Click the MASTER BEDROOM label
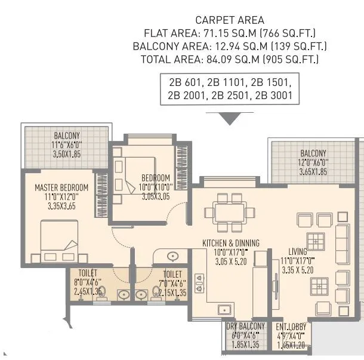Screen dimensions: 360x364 (61, 187)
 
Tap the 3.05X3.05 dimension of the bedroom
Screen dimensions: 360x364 (156, 195)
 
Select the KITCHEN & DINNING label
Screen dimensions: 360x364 (230, 243)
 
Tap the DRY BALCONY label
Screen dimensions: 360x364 (245, 327)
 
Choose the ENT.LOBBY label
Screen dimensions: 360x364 (291, 327)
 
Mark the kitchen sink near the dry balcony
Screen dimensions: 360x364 (225, 309)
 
